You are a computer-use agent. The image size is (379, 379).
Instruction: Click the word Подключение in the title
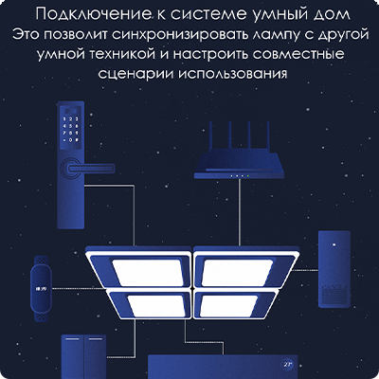click(x=93, y=14)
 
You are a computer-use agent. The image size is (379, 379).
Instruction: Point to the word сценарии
click(x=135, y=74)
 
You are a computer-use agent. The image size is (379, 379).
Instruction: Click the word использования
click(x=233, y=74)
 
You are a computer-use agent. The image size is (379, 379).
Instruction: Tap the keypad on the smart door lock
click(x=70, y=130)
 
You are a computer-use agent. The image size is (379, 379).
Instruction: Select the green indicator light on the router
click(x=248, y=175)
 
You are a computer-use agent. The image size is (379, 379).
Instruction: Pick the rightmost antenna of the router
click(x=268, y=136)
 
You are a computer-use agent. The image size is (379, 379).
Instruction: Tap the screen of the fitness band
click(x=41, y=288)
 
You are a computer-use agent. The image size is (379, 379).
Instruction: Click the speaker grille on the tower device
click(x=334, y=296)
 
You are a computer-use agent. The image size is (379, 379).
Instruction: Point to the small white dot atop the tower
click(x=334, y=244)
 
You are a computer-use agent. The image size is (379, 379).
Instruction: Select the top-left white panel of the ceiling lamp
click(x=146, y=273)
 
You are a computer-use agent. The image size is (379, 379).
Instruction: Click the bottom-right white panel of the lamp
click(x=228, y=306)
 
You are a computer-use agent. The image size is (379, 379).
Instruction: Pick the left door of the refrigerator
click(x=73, y=357)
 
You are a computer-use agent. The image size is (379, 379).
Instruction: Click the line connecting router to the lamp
click(x=240, y=212)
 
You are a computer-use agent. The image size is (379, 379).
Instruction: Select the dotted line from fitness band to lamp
click(x=79, y=288)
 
